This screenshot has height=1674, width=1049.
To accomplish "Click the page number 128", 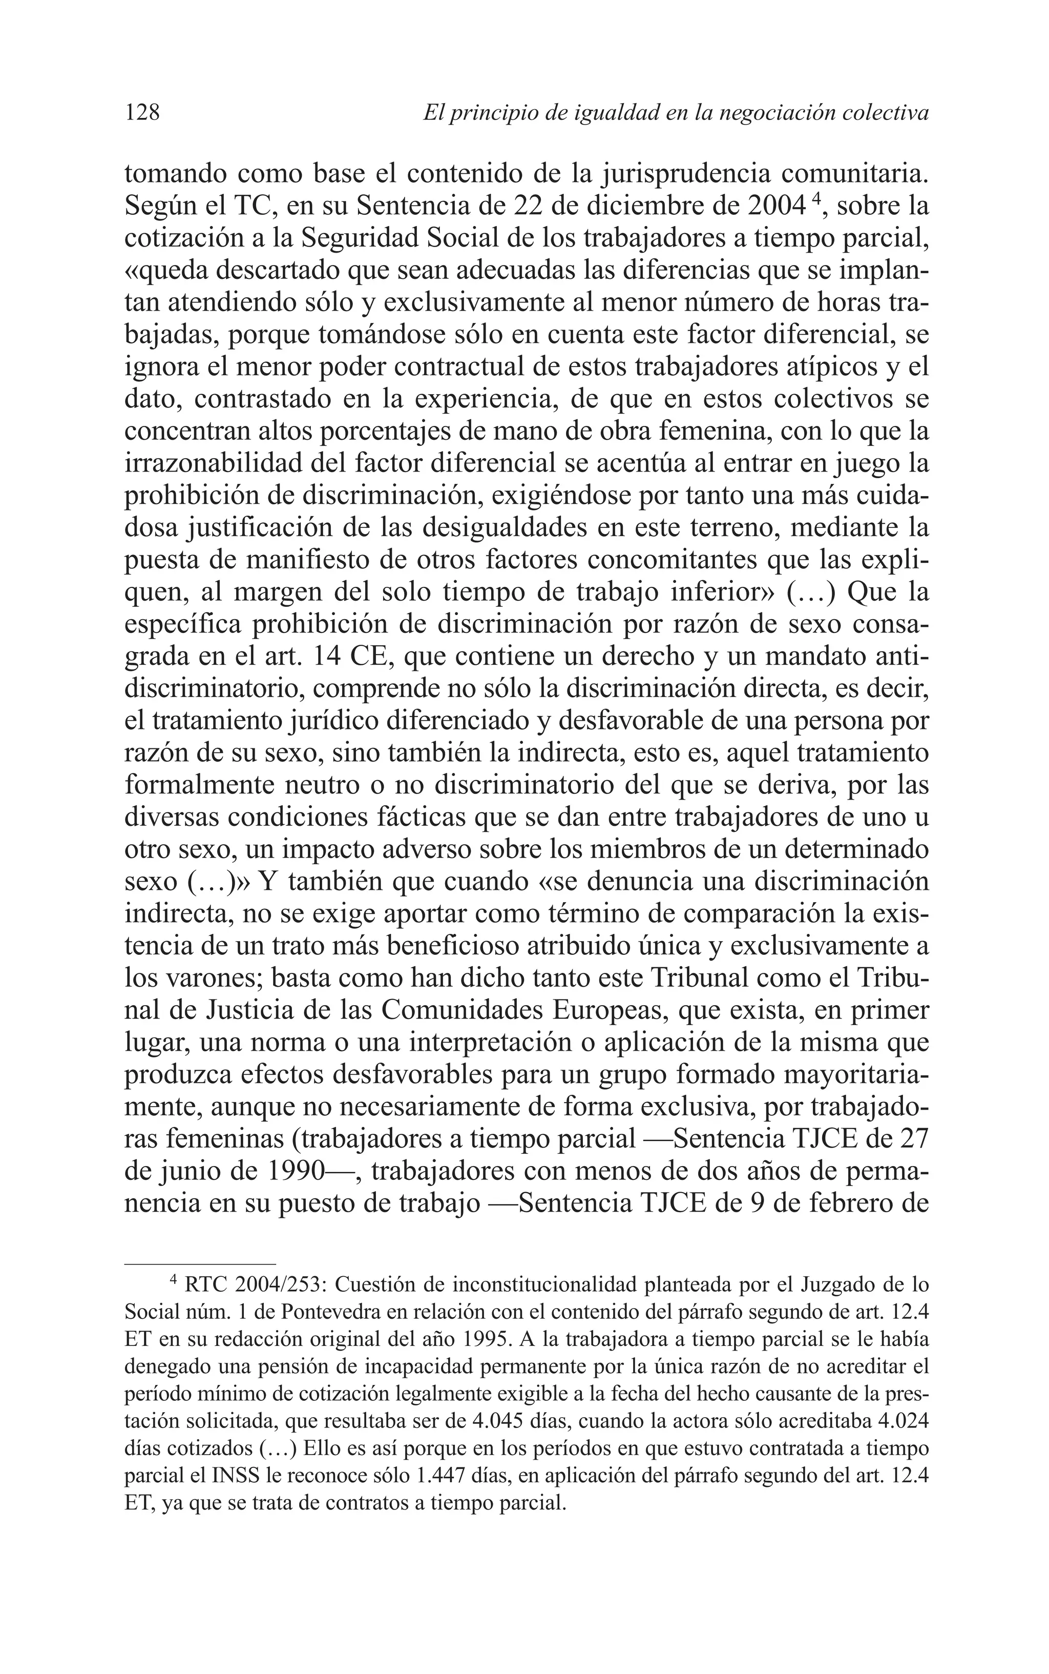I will tap(142, 112).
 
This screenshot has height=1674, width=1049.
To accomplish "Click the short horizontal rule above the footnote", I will tap(200, 1264).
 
